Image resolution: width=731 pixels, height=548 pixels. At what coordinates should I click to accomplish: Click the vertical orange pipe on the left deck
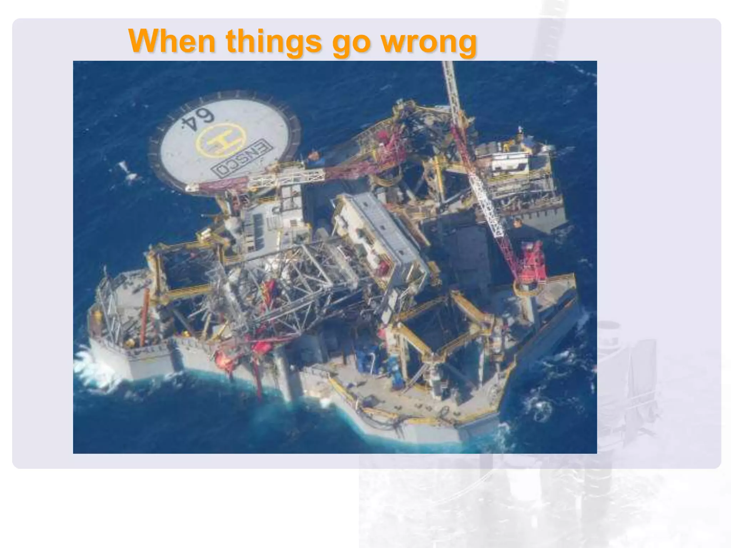point(144,314)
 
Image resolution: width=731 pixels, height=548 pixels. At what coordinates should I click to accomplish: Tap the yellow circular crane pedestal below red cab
point(526,288)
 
